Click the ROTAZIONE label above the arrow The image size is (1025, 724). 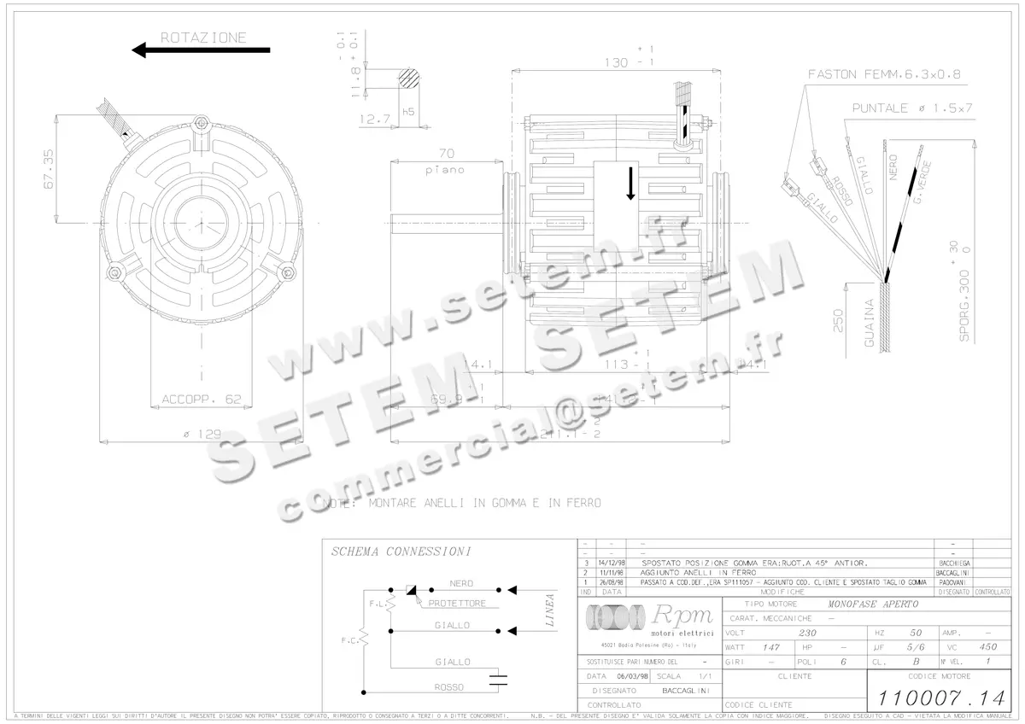click(x=203, y=38)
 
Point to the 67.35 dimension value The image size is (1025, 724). click(x=48, y=168)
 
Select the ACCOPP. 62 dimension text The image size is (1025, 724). click(x=202, y=399)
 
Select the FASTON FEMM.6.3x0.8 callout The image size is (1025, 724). click(x=884, y=74)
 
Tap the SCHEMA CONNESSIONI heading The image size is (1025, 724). click(x=401, y=552)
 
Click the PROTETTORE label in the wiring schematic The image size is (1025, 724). click(x=457, y=603)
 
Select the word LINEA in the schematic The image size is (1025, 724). click(x=549, y=611)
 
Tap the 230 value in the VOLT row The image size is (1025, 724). click(x=805, y=633)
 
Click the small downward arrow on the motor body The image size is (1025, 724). click(x=630, y=183)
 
